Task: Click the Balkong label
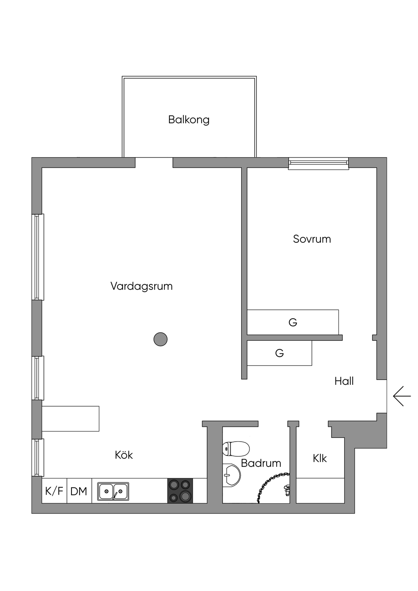pos(189,120)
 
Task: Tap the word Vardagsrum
pos(141,286)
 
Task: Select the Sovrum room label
pos(312,239)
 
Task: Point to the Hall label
pos(344,381)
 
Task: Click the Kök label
pos(124,455)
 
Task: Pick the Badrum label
pos(261,463)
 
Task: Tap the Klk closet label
pos(320,458)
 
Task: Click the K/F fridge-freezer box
pos(54,491)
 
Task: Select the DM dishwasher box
pos(79,491)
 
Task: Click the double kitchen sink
pos(113,491)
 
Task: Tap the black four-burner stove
pos(180,491)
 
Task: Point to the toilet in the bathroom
pos(236,449)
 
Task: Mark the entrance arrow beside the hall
pos(402,396)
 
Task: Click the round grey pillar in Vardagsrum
pos(160,339)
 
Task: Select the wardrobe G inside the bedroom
pos(293,322)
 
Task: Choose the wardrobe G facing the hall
pos(279,353)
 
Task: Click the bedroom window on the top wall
pos(318,164)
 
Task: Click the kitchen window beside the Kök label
pos(38,458)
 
